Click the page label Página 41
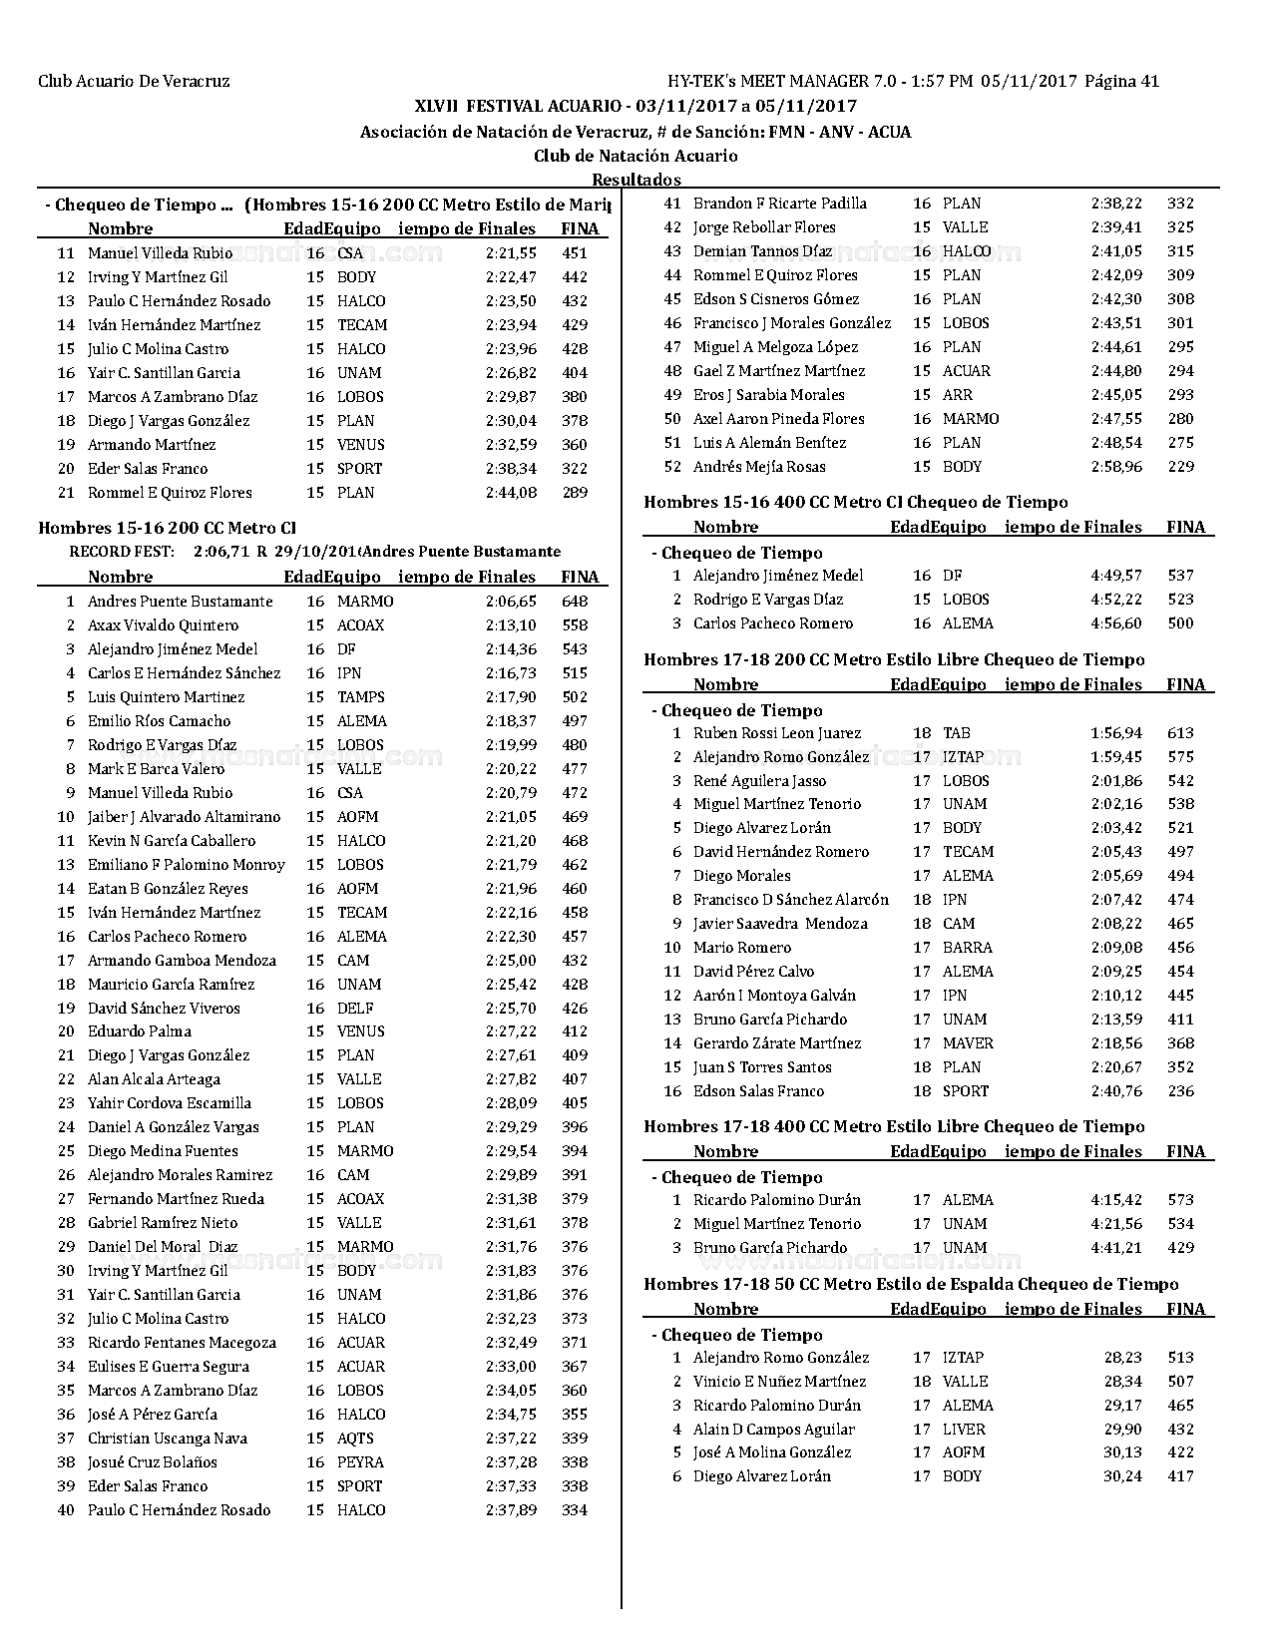click(x=1121, y=82)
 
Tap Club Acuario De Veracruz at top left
click(x=134, y=82)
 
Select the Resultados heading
click(x=636, y=180)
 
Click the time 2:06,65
click(x=511, y=602)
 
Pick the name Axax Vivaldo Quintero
click(x=163, y=625)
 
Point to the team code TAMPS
click(x=360, y=697)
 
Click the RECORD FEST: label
click(x=122, y=552)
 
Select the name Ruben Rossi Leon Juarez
click(x=777, y=733)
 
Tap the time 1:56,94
click(x=1116, y=733)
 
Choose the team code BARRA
click(x=967, y=948)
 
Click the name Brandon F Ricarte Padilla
click(x=779, y=204)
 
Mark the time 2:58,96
click(x=1116, y=467)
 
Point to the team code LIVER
click(x=963, y=1430)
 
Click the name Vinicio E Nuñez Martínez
click(x=779, y=1382)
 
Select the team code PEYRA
click(x=360, y=1462)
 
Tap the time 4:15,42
click(x=1116, y=1200)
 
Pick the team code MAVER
click(x=968, y=1043)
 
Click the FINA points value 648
click(x=575, y=602)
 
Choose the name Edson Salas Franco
click(x=758, y=1091)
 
